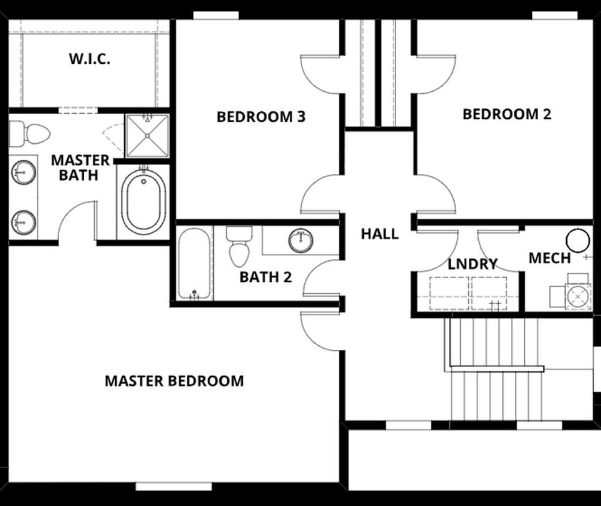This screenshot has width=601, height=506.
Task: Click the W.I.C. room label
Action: coord(90,59)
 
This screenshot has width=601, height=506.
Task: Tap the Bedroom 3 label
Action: coord(261,117)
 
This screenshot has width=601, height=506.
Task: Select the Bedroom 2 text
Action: coord(507,114)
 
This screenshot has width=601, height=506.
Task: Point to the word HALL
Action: coord(380,234)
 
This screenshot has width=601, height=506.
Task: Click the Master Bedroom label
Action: coord(174,381)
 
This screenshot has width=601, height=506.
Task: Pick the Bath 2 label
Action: coord(266,277)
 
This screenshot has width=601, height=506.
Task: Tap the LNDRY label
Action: coord(472,264)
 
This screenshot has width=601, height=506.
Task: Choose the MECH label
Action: coord(550,258)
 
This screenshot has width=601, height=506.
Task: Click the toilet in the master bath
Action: coord(29,134)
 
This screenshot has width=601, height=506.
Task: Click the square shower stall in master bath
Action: coord(148,136)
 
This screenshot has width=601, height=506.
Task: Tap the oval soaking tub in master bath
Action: coord(144,202)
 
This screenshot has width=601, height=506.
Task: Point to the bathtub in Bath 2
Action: coord(194,263)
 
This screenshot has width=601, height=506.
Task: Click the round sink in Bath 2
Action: coord(301,240)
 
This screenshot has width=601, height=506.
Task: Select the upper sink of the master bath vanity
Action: coord(23,173)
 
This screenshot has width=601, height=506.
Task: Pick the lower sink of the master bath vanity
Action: coord(23,223)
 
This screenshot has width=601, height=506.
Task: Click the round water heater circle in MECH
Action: coord(578,241)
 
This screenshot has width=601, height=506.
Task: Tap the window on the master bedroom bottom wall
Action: coord(174,486)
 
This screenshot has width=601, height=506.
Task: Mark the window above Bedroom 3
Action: coord(216,15)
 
